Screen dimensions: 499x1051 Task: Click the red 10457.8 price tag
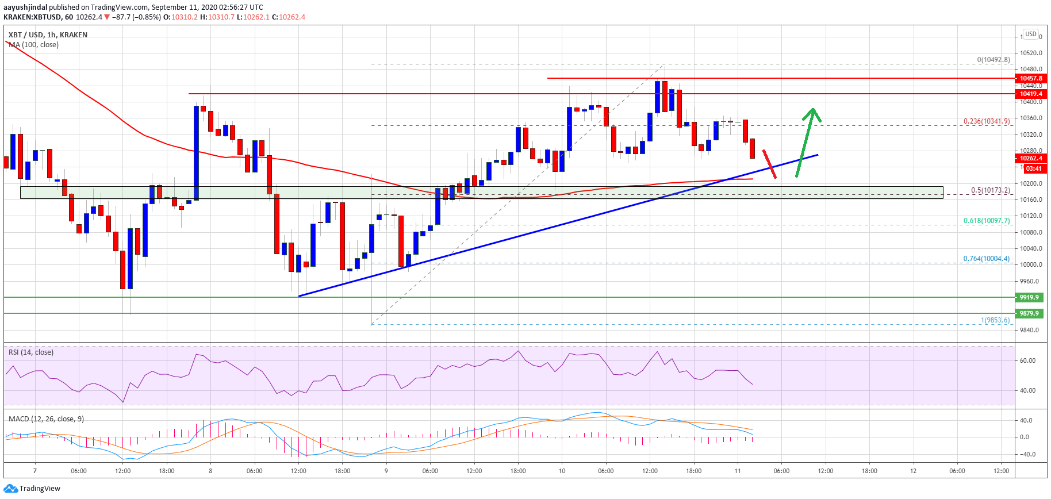tap(1030, 78)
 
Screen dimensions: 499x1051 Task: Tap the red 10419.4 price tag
tap(1030, 94)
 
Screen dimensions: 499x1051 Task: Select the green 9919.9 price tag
tap(1029, 297)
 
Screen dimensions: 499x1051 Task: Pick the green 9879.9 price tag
tap(1029, 313)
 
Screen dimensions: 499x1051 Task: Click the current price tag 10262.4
tap(1030, 158)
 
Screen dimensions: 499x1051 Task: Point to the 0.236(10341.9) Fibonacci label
tap(987, 121)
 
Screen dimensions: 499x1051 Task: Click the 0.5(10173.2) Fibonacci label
tap(990, 190)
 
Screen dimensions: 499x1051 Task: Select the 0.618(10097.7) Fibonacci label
tap(987, 221)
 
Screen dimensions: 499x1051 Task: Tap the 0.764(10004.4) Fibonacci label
tap(987, 259)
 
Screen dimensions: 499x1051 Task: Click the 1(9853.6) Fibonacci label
tap(995, 320)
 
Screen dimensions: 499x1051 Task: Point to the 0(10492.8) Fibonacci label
tap(994, 60)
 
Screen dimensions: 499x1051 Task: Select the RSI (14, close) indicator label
tap(31, 352)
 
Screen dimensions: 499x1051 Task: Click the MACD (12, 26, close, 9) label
tap(46, 419)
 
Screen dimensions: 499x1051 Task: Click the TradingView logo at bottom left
tap(32, 489)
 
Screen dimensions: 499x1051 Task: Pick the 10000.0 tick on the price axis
tap(1031, 265)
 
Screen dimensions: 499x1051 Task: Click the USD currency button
tap(1031, 34)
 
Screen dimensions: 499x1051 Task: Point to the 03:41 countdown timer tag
tap(1033, 168)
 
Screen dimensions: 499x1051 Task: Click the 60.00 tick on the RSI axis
tap(1027, 361)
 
